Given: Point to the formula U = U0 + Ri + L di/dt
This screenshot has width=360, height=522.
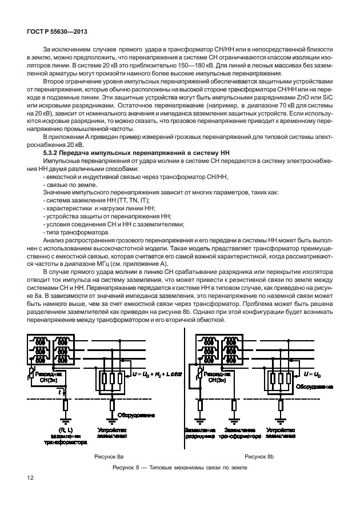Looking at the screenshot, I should click(156, 373).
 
